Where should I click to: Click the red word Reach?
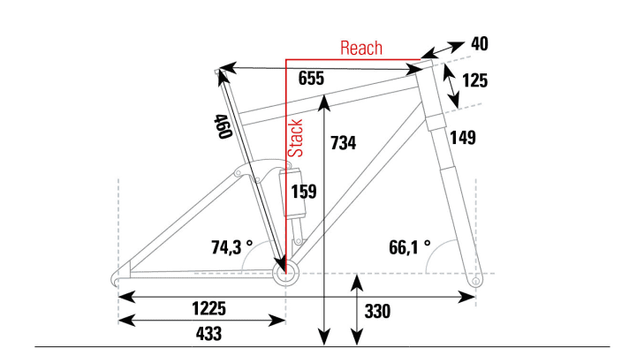click(360, 48)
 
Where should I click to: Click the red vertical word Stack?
click(297, 139)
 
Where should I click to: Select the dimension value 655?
click(311, 79)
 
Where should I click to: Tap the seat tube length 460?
click(222, 127)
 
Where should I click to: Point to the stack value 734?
click(343, 142)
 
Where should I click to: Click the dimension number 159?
click(303, 191)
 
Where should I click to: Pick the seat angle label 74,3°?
click(231, 247)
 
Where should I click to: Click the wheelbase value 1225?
click(209, 308)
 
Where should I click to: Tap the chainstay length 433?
click(203, 333)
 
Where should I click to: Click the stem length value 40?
click(480, 44)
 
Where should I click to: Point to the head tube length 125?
click(474, 80)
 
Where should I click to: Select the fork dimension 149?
click(461, 137)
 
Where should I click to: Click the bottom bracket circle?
click(286, 274)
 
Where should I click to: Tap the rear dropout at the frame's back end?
click(119, 276)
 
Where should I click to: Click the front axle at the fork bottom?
click(476, 280)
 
